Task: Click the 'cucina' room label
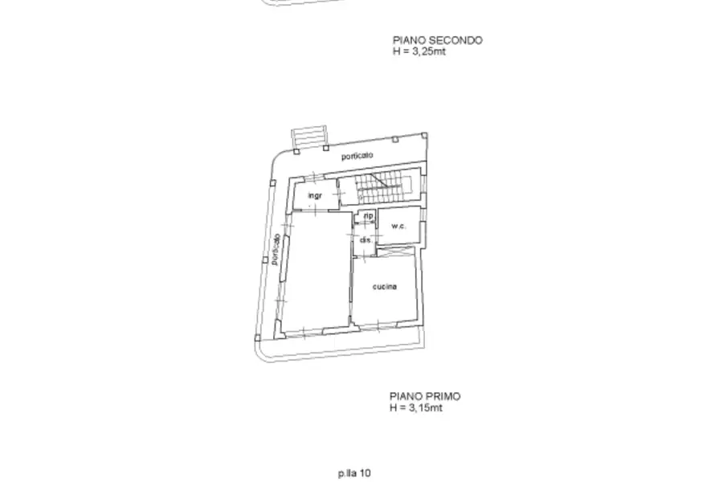[x=385, y=287]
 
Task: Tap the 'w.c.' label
[x=398, y=226]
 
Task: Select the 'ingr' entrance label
[x=315, y=195]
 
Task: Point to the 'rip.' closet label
[x=369, y=216]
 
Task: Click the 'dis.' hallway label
[x=366, y=240]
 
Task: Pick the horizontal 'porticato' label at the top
[x=357, y=156]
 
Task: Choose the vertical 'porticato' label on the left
[x=276, y=250]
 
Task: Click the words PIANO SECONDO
[x=438, y=41]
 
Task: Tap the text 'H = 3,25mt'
[x=419, y=51]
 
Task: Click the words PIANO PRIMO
[x=425, y=396]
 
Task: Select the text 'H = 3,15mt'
[x=416, y=408]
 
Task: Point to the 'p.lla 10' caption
[x=354, y=473]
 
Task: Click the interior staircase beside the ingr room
[x=378, y=187]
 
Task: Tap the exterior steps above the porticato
[x=309, y=137]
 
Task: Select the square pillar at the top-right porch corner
[x=425, y=136]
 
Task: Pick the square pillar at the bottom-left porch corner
[x=258, y=338]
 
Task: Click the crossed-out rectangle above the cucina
[x=395, y=251]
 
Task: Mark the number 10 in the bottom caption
[x=366, y=473]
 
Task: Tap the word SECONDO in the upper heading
[x=455, y=41]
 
